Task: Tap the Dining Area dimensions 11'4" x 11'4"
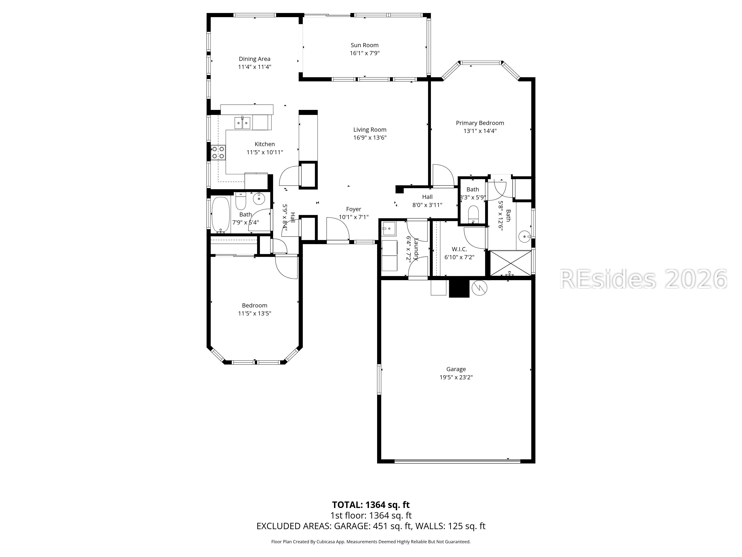click(x=255, y=67)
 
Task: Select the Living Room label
click(x=370, y=130)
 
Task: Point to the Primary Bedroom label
click(x=480, y=123)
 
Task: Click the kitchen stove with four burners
click(x=218, y=152)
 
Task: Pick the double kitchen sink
click(x=242, y=123)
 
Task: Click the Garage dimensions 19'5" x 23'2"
click(x=456, y=377)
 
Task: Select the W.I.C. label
click(x=459, y=249)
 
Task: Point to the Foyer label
click(x=354, y=209)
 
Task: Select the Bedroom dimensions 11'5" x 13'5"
click(x=255, y=313)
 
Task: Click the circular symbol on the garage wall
click(x=479, y=288)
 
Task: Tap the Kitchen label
click(x=265, y=144)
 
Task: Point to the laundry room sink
click(x=389, y=228)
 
